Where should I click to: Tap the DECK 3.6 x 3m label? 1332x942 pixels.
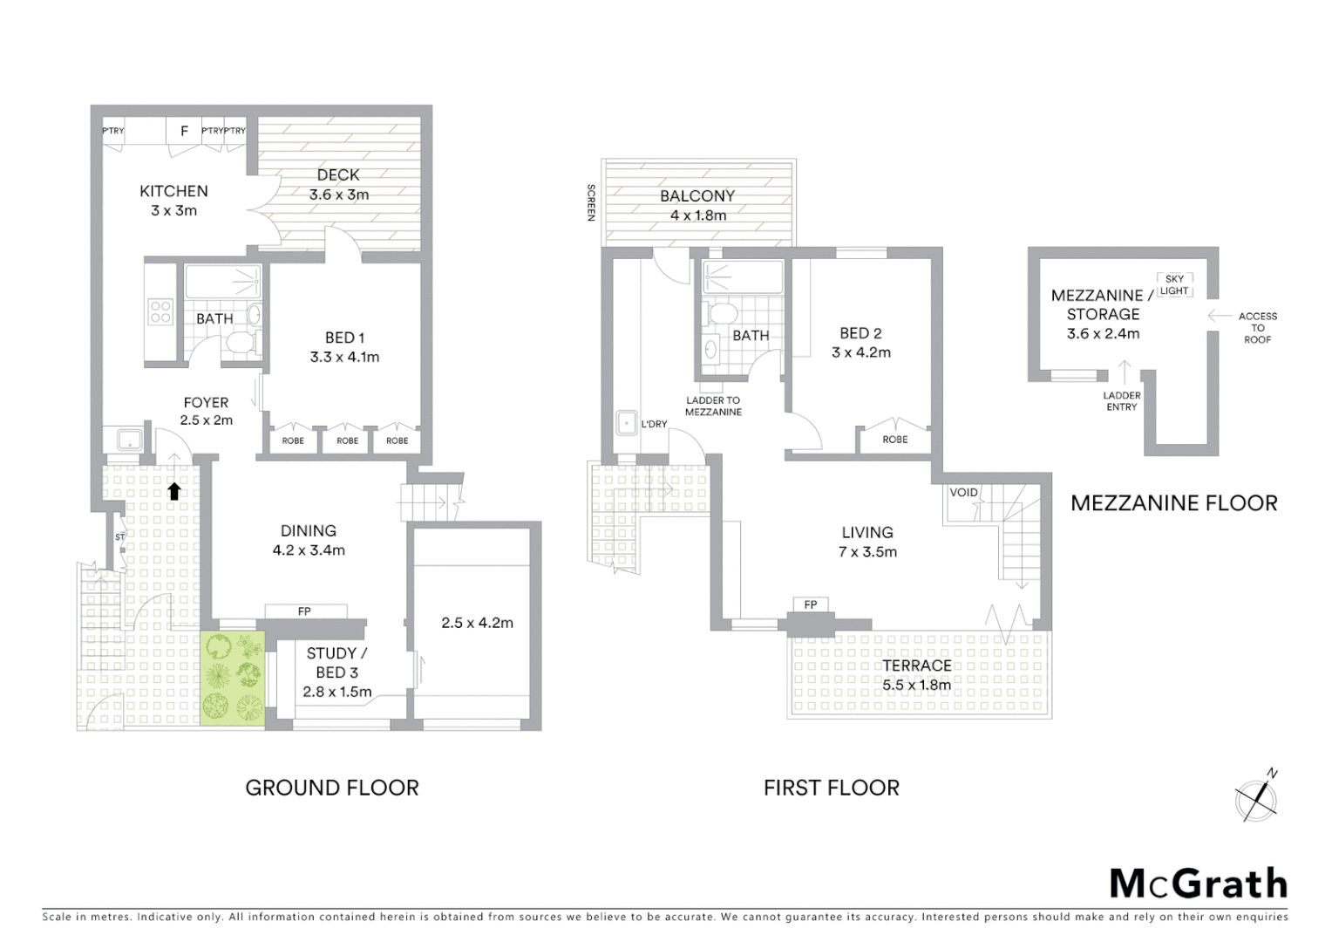(338, 185)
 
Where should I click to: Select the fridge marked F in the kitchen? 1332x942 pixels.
(184, 132)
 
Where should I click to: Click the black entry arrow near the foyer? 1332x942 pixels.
(173, 491)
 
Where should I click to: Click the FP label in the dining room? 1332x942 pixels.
(304, 611)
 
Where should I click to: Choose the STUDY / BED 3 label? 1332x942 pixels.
(336, 672)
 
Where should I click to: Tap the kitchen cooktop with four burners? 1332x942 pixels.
(160, 311)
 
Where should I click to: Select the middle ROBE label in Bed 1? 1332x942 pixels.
(347, 440)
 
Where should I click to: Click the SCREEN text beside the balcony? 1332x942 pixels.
(591, 202)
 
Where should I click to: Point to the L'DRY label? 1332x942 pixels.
(654, 424)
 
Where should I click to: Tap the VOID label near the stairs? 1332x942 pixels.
(963, 492)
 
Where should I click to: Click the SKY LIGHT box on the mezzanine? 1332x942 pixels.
(1174, 285)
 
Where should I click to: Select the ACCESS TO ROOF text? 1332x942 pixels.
(1257, 328)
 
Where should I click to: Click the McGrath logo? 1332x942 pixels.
(1199, 884)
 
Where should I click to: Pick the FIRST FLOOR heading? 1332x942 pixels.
(831, 788)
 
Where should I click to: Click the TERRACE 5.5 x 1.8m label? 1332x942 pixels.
(916, 674)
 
